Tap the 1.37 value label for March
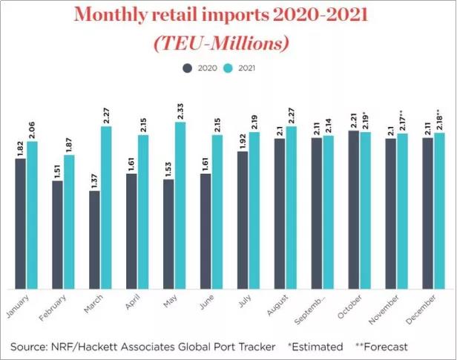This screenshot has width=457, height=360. coord(94,181)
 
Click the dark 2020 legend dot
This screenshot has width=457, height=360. coord(187,68)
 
